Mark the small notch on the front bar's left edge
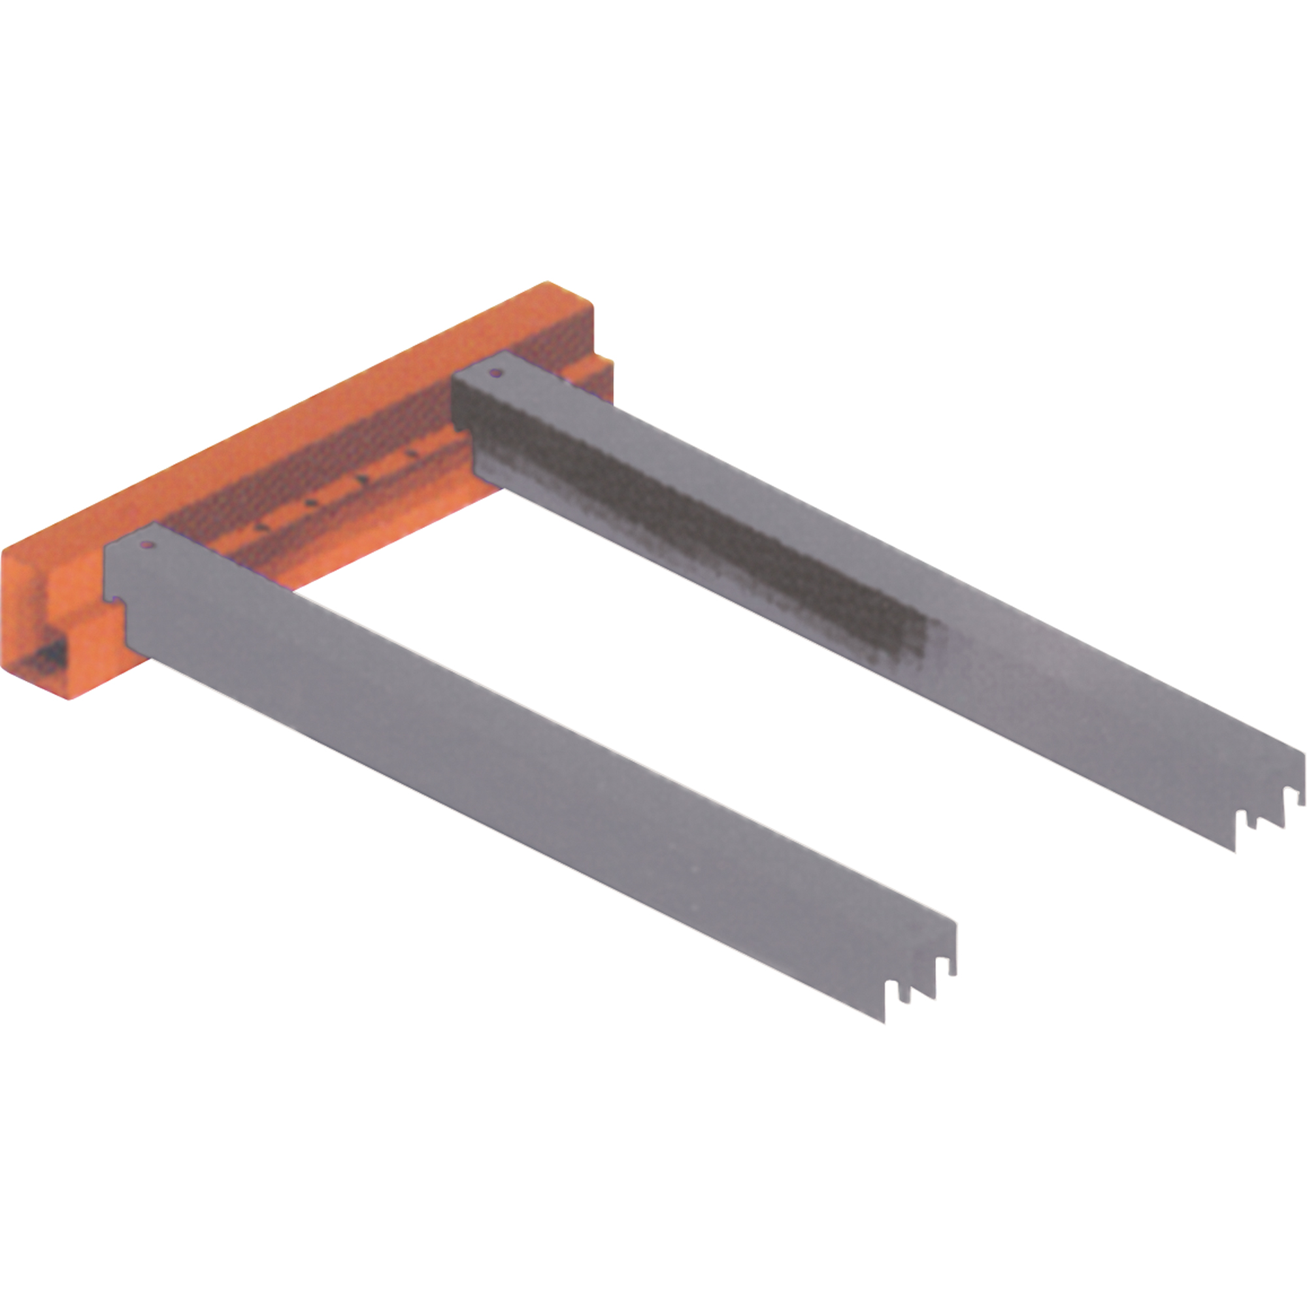[x=116, y=598]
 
